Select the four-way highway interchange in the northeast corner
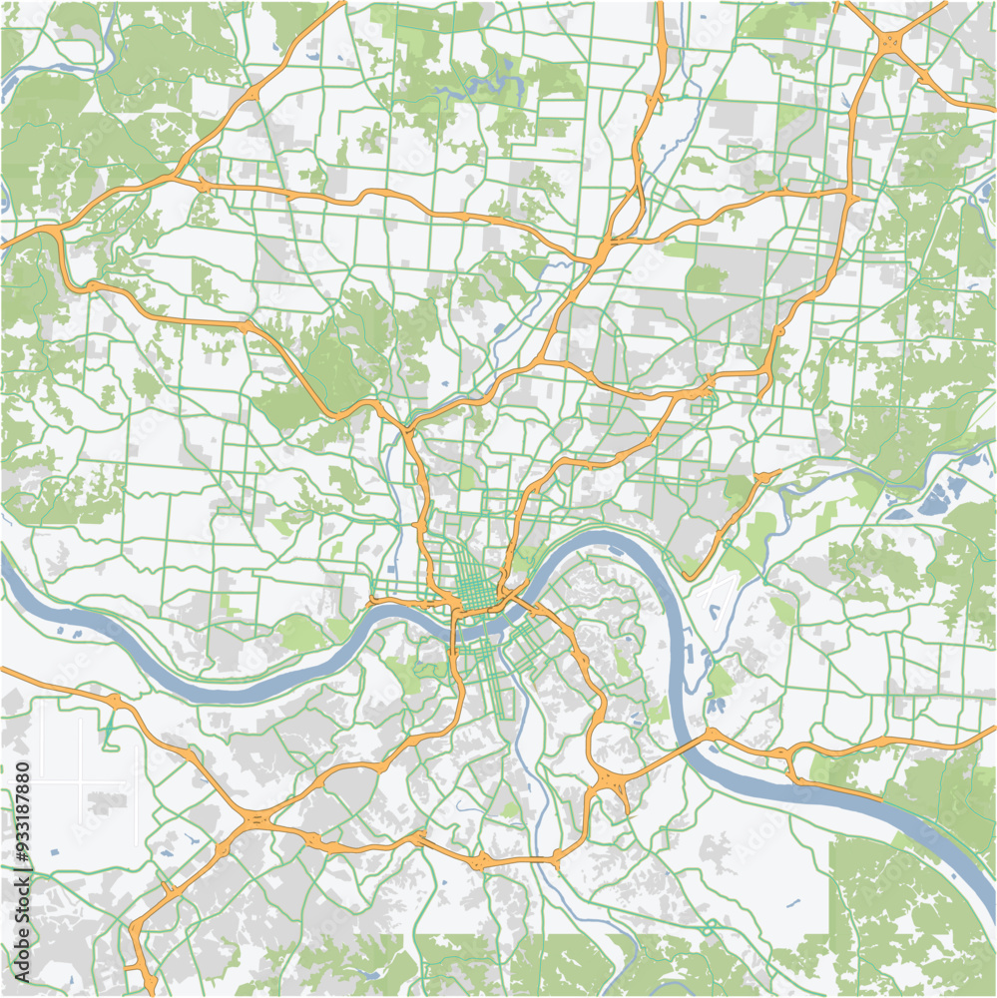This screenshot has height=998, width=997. [888, 42]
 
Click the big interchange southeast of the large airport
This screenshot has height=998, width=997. [255, 819]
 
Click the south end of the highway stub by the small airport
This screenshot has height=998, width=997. [689, 570]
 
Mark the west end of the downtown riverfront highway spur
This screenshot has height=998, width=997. [371, 602]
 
